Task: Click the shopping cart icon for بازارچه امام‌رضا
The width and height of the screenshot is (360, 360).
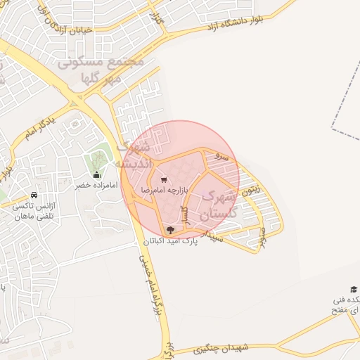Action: tap(164, 180)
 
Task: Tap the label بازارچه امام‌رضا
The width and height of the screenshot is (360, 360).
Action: tap(164, 191)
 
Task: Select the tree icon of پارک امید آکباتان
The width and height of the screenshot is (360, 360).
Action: tap(169, 230)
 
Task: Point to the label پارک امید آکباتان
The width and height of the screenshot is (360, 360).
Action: tap(171, 240)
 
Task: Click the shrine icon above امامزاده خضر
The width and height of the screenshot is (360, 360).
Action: tap(96, 175)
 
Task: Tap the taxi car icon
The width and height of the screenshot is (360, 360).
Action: tap(34, 195)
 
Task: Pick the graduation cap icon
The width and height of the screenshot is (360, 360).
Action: tap(354, 289)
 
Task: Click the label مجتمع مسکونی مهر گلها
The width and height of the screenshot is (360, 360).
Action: tap(104, 68)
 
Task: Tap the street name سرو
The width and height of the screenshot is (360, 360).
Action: tap(221, 159)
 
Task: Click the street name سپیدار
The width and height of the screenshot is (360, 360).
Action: tap(212, 234)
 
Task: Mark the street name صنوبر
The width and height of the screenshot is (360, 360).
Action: tap(262, 236)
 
